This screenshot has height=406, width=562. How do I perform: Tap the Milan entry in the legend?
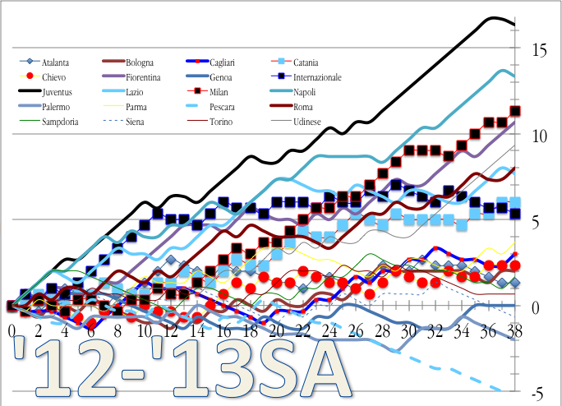pyautogui.click(x=219, y=92)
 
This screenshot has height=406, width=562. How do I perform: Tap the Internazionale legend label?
pyautogui.click(x=326, y=77)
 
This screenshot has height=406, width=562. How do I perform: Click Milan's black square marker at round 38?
pyautogui.click(x=515, y=111)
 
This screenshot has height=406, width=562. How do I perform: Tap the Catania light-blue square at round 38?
pyautogui.click(x=515, y=202)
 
